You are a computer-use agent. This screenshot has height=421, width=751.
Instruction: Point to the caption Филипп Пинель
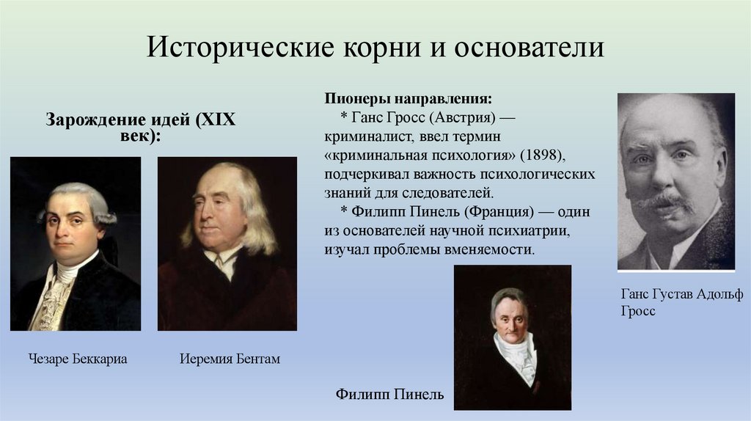tap(390, 395)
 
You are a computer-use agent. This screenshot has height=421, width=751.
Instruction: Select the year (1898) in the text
tap(543, 156)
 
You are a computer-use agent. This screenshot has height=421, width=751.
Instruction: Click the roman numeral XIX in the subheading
tap(216, 120)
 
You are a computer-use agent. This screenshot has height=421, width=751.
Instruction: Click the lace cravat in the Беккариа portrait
tap(56, 301)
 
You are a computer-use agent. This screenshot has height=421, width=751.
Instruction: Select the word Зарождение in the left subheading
tap(93, 120)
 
